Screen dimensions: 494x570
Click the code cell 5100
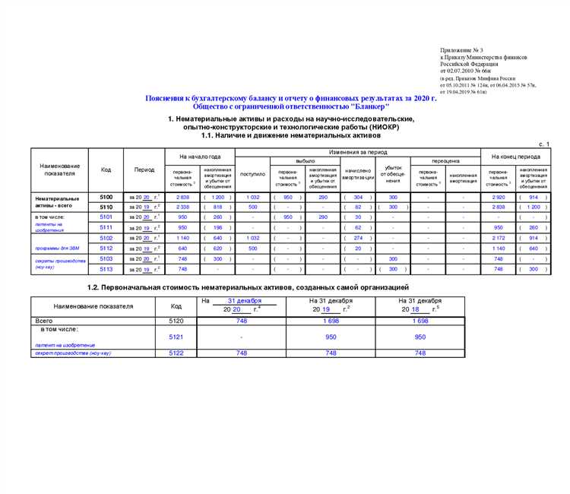(x=106, y=197)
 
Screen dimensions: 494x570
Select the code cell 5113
(x=106, y=269)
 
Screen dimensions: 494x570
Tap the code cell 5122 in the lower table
(x=176, y=353)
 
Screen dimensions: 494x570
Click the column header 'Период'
(x=144, y=169)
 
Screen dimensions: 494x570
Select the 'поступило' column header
(x=253, y=174)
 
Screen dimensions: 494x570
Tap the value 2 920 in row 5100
(x=499, y=197)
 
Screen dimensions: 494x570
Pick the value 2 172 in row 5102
(x=499, y=238)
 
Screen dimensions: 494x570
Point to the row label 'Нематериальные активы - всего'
(x=58, y=201)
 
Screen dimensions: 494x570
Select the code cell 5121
(x=176, y=337)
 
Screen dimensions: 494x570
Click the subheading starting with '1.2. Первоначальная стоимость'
(x=259, y=287)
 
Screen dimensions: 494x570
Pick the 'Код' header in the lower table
(x=176, y=306)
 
